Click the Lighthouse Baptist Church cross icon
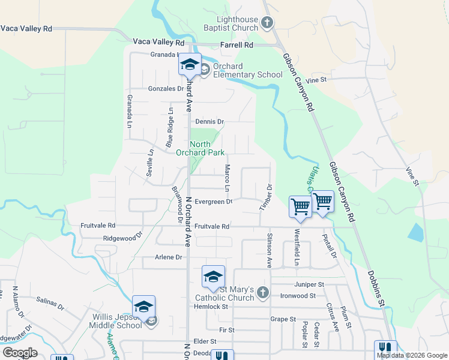coord(268,23)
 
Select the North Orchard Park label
coord(207,148)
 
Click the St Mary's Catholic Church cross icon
coord(262,293)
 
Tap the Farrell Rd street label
coord(237,45)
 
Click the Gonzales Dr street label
coord(165,89)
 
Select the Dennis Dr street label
coord(209,121)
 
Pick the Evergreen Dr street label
coord(214,202)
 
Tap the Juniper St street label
coord(309,284)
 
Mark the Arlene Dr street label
coord(169,257)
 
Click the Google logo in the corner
coord(20,352)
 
